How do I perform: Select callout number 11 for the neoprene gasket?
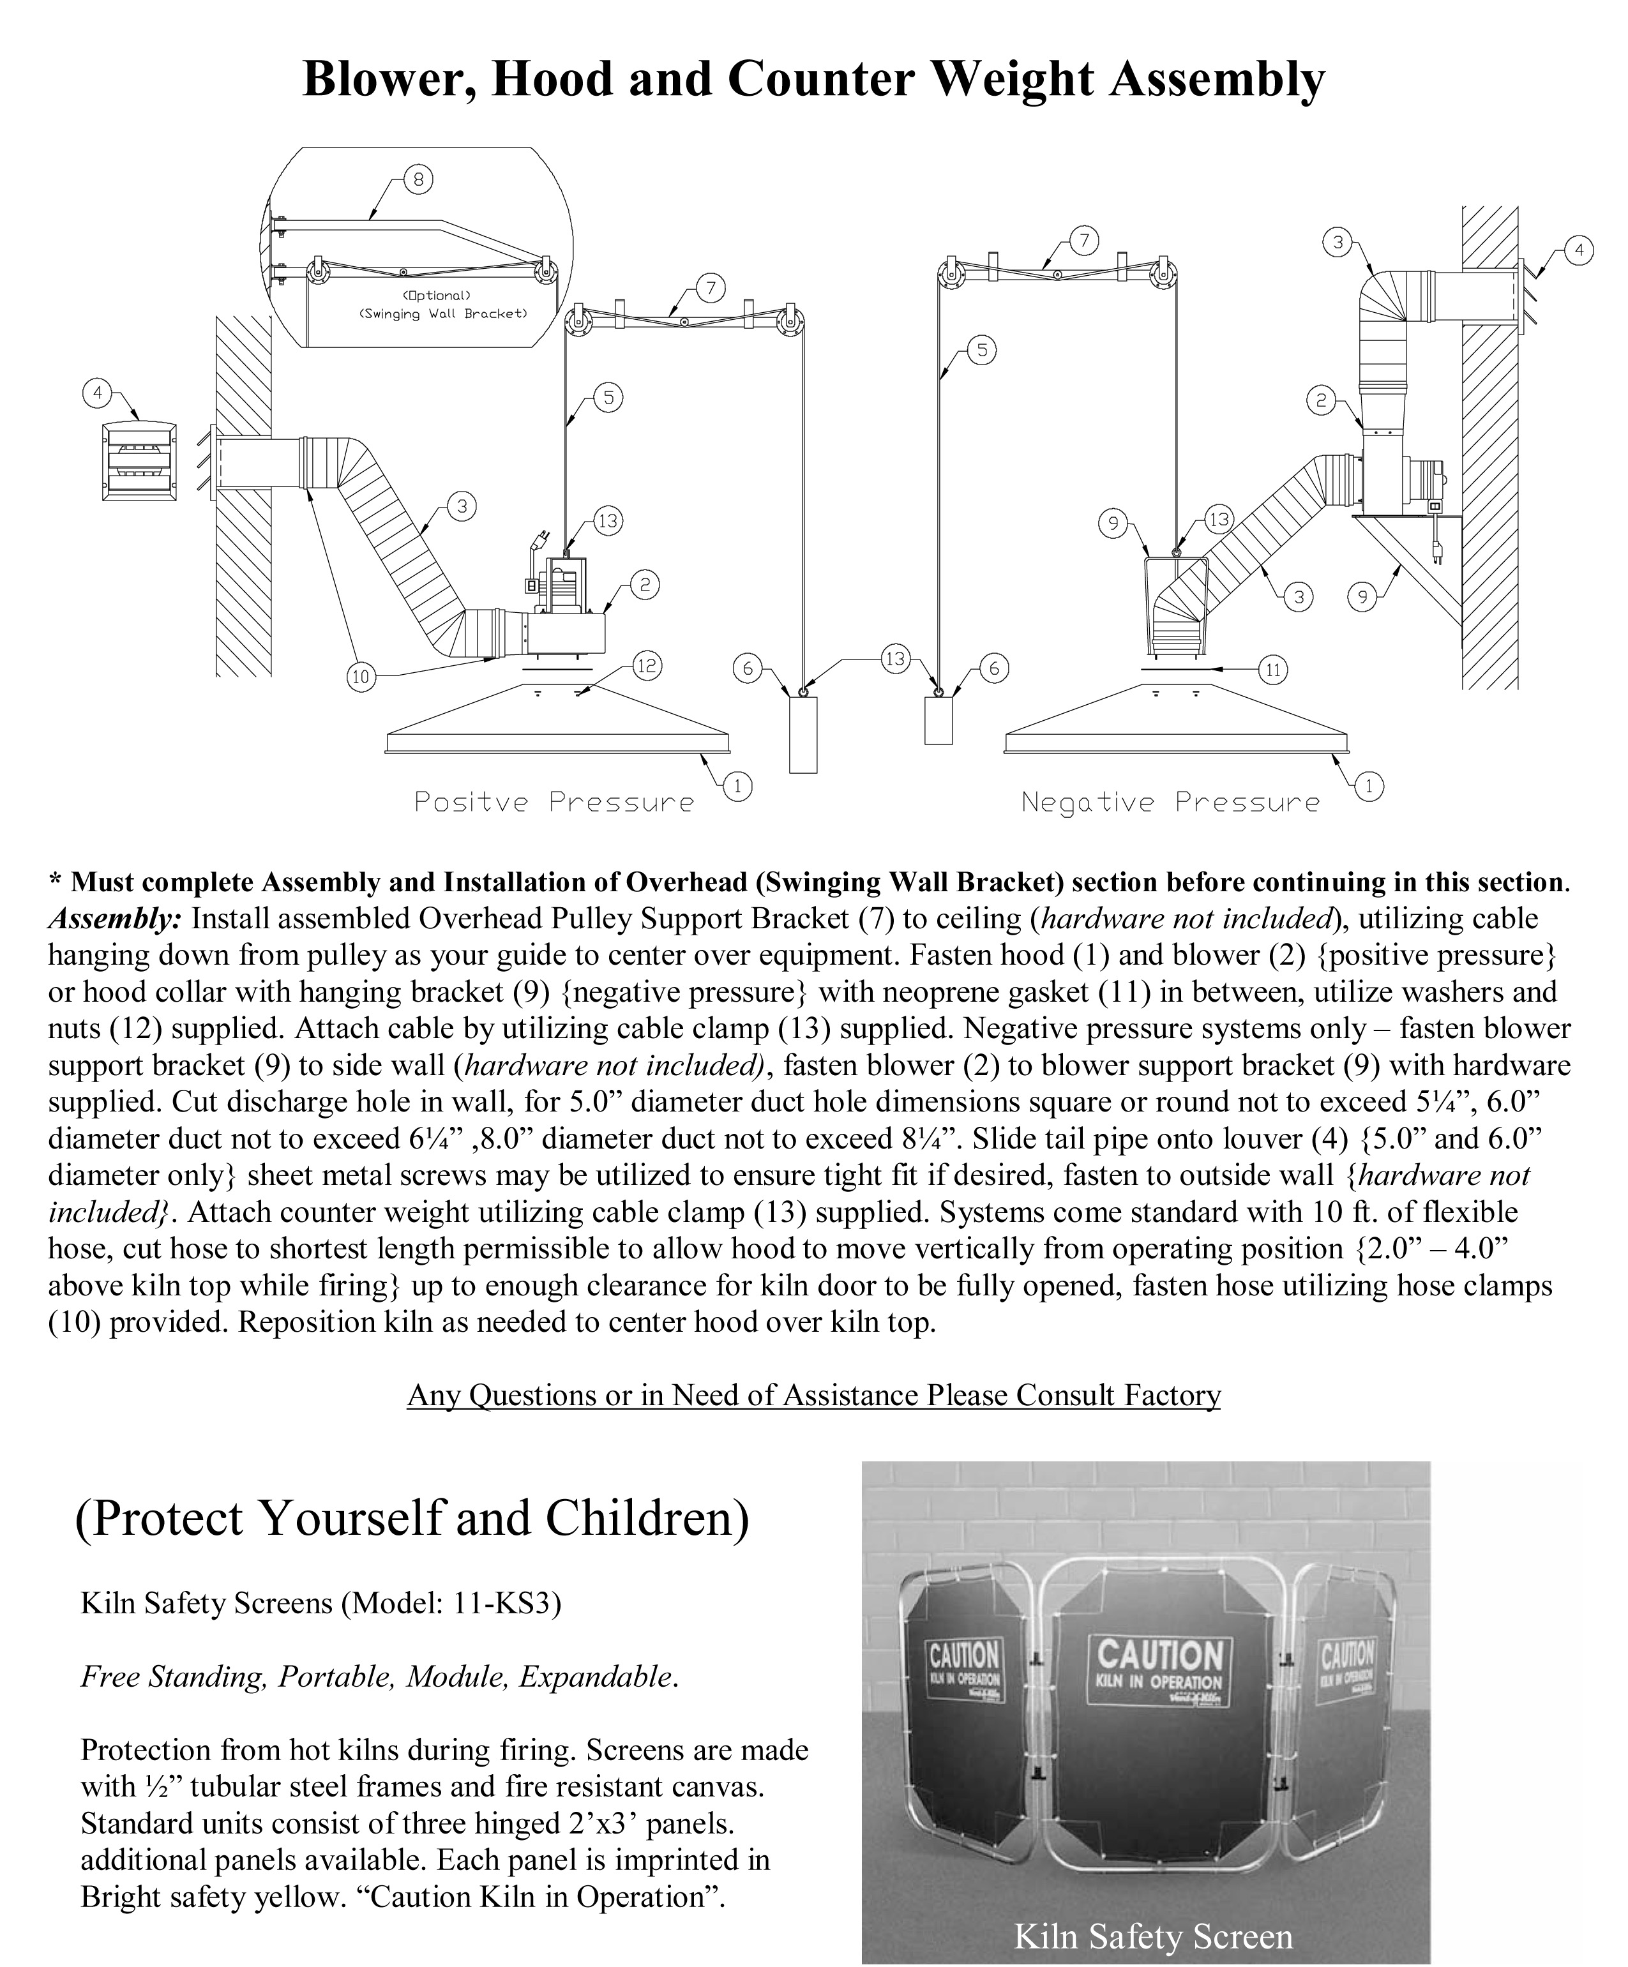[1272, 670]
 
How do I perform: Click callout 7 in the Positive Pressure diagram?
[710, 287]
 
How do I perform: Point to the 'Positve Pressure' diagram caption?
[554, 802]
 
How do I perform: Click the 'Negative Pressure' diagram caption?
[1170, 802]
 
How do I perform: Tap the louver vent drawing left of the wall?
[139, 460]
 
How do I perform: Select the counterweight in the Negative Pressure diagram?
[938, 720]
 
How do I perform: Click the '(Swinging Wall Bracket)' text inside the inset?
[443, 313]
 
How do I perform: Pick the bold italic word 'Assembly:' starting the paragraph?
[114, 919]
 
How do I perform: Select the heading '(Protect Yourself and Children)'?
[412, 1518]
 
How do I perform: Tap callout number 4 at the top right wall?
[1578, 251]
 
